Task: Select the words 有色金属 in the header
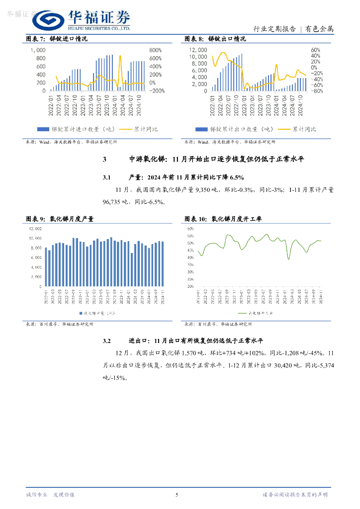319,29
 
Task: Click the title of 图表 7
56,39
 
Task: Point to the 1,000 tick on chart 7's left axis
38,50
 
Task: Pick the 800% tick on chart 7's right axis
156,50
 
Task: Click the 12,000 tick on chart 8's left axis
198,50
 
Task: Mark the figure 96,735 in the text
113,202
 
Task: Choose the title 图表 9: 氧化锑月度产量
60,219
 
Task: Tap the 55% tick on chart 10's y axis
190,236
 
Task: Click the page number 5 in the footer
177,495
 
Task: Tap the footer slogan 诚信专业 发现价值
50,495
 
